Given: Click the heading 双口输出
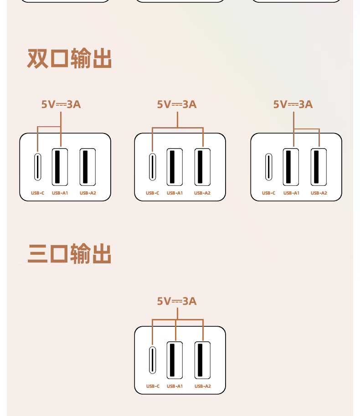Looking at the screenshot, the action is click(69, 59).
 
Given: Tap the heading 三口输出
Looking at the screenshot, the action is click(69, 254).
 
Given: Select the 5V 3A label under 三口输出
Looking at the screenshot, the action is click(177, 301).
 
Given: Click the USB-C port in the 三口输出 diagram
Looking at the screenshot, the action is click(153, 360).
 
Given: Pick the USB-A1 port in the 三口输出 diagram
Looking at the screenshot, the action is click(175, 360).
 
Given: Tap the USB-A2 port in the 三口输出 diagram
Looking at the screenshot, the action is click(202, 360).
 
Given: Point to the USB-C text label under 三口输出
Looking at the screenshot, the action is click(153, 386).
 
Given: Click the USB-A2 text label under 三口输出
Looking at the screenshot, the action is click(202, 386).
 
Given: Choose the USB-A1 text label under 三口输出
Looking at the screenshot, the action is click(175, 386).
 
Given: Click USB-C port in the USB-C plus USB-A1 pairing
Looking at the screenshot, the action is click(38, 167).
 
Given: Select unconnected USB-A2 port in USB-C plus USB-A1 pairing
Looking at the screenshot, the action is click(87, 167).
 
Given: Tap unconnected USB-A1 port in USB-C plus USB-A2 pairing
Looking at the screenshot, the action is click(175, 167).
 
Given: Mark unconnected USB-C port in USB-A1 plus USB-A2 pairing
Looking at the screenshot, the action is click(269, 167).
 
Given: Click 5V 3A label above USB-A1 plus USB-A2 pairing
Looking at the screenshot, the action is click(293, 104).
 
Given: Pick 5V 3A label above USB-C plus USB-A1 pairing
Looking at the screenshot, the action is click(61, 104).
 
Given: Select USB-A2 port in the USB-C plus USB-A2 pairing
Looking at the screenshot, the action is click(202, 167).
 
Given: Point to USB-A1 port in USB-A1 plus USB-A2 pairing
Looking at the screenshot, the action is click(291, 167).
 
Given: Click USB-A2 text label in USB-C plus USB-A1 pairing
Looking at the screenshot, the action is click(87, 193).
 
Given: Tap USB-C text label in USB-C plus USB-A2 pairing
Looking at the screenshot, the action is click(153, 193).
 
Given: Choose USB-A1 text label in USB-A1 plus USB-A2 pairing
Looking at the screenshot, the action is click(291, 193).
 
